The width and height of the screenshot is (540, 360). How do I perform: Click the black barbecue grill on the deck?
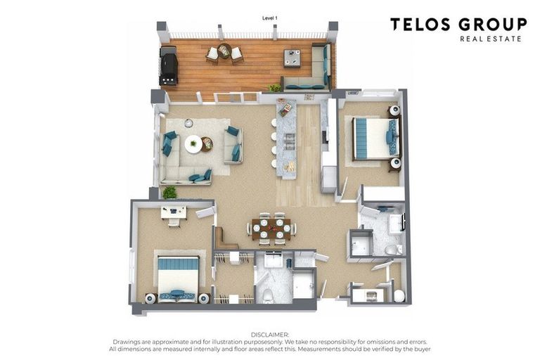point(169,65)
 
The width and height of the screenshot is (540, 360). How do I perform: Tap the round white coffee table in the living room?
point(193,143)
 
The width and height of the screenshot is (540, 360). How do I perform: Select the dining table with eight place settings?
point(271,229)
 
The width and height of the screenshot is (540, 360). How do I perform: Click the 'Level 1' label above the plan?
point(270,18)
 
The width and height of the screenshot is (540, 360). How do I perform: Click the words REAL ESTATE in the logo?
point(490,39)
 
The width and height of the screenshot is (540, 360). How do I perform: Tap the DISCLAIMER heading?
point(270,335)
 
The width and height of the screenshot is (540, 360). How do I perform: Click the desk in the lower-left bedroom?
point(174,212)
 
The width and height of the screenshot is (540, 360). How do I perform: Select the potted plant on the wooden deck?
point(275,88)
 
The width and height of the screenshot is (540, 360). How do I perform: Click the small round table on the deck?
point(224,51)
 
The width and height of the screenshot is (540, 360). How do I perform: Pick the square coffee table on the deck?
point(292,58)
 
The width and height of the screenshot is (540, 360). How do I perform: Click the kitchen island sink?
point(288,139)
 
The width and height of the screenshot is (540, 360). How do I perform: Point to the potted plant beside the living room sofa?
point(169,193)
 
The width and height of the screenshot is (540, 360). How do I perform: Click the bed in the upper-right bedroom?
point(376,139)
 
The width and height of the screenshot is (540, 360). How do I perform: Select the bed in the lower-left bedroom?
point(178,279)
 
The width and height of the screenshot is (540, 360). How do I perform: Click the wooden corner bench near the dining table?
point(224,240)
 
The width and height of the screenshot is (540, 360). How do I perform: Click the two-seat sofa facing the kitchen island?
point(233,146)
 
